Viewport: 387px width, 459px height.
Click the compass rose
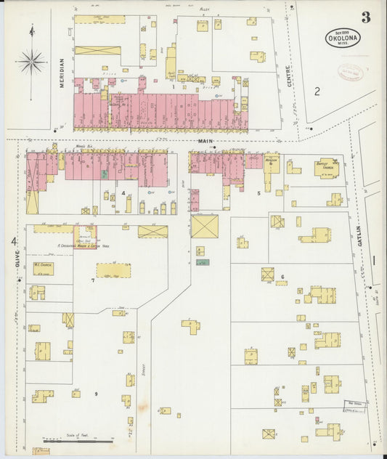[x=31, y=62]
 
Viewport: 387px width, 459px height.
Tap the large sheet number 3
[x=365, y=17]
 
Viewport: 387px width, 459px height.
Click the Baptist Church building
[x=326, y=168]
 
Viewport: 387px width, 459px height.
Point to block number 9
[x=95, y=394]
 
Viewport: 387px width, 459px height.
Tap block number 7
[x=93, y=280]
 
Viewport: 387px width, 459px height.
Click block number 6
[x=282, y=277]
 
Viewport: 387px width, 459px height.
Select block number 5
[x=258, y=193]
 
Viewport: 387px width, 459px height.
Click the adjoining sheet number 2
[x=317, y=91]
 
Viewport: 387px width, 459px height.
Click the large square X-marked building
[x=204, y=225]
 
